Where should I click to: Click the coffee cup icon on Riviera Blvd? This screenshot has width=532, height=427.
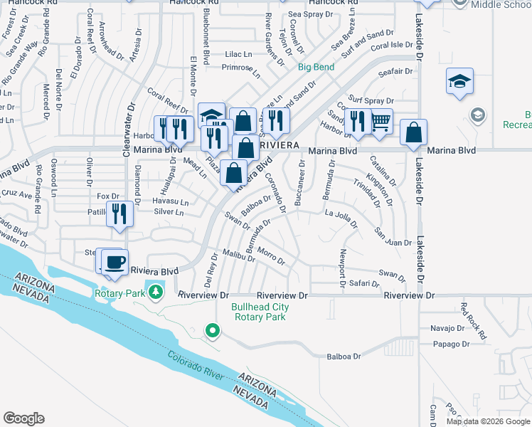point(113,261)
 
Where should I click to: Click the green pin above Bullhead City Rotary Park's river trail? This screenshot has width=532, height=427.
point(211,330)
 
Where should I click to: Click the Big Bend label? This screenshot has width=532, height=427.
point(316,67)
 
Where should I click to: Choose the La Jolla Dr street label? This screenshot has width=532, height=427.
point(340,213)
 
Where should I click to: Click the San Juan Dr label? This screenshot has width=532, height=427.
point(393,237)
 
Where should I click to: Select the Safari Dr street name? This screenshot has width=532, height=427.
point(364,283)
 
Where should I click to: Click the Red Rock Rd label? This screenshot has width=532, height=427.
point(472,320)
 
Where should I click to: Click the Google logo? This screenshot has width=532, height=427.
point(24,418)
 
